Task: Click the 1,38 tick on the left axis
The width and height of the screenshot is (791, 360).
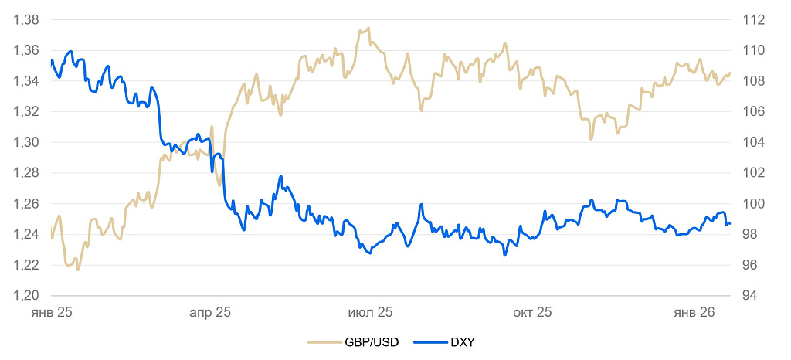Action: coord(27,20)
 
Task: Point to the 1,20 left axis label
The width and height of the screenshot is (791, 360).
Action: coord(27,296)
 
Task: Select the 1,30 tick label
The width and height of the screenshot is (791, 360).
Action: coord(27,143)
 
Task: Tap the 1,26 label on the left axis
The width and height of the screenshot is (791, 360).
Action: coord(27,204)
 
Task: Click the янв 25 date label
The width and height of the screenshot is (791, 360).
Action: coord(52,313)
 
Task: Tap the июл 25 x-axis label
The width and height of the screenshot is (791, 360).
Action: coord(372,313)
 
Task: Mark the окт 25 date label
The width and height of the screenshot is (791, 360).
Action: coord(531,313)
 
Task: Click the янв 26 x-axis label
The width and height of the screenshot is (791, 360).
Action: coord(694,313)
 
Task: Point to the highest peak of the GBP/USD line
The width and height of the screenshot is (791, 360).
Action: coord(368,29)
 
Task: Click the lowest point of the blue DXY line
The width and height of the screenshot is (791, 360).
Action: coord(505,255)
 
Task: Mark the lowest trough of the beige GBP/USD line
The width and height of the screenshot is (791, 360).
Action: coord(78,269)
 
